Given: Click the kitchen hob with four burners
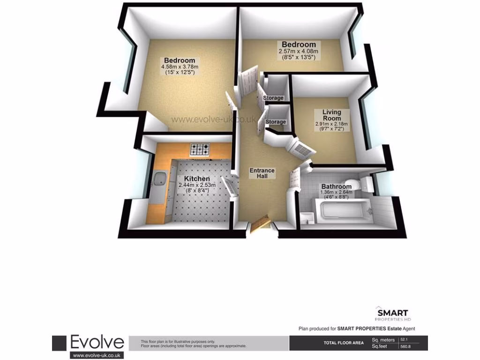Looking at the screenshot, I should pyautogui.click(x=200, y=150).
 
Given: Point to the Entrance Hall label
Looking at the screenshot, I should pyautogui.click(x=262, y=173).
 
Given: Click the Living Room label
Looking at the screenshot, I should pyautogui.click(x=331, y=115).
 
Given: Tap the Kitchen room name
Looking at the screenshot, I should pyautogui.click(x=197, y=179).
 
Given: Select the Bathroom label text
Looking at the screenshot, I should pyautogui.click(x=336, y=187).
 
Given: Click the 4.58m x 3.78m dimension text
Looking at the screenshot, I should pyautogui.click(x=179, y=67).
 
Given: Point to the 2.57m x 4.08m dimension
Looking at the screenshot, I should pyautogui.click(x=299, y=51).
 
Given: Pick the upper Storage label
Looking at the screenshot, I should pyautogui.click(x=273, y=98).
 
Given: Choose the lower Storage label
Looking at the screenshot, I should pyautogui.click(x=276, y=122).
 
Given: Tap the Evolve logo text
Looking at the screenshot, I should pyautogui.click(x=97, y=343).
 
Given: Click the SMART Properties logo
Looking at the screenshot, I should pyautogui.click(x=393, y=314).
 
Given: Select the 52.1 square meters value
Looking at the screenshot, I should pyautogui.click(x=404, y=339).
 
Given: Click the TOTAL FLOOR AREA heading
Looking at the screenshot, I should pyautogui.click(x=344, y=343).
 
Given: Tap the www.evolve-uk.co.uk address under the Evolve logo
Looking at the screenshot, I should pyautogui.click(x=97, y=355).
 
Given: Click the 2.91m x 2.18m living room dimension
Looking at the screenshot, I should pyautogui.click(x=331, y=124).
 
